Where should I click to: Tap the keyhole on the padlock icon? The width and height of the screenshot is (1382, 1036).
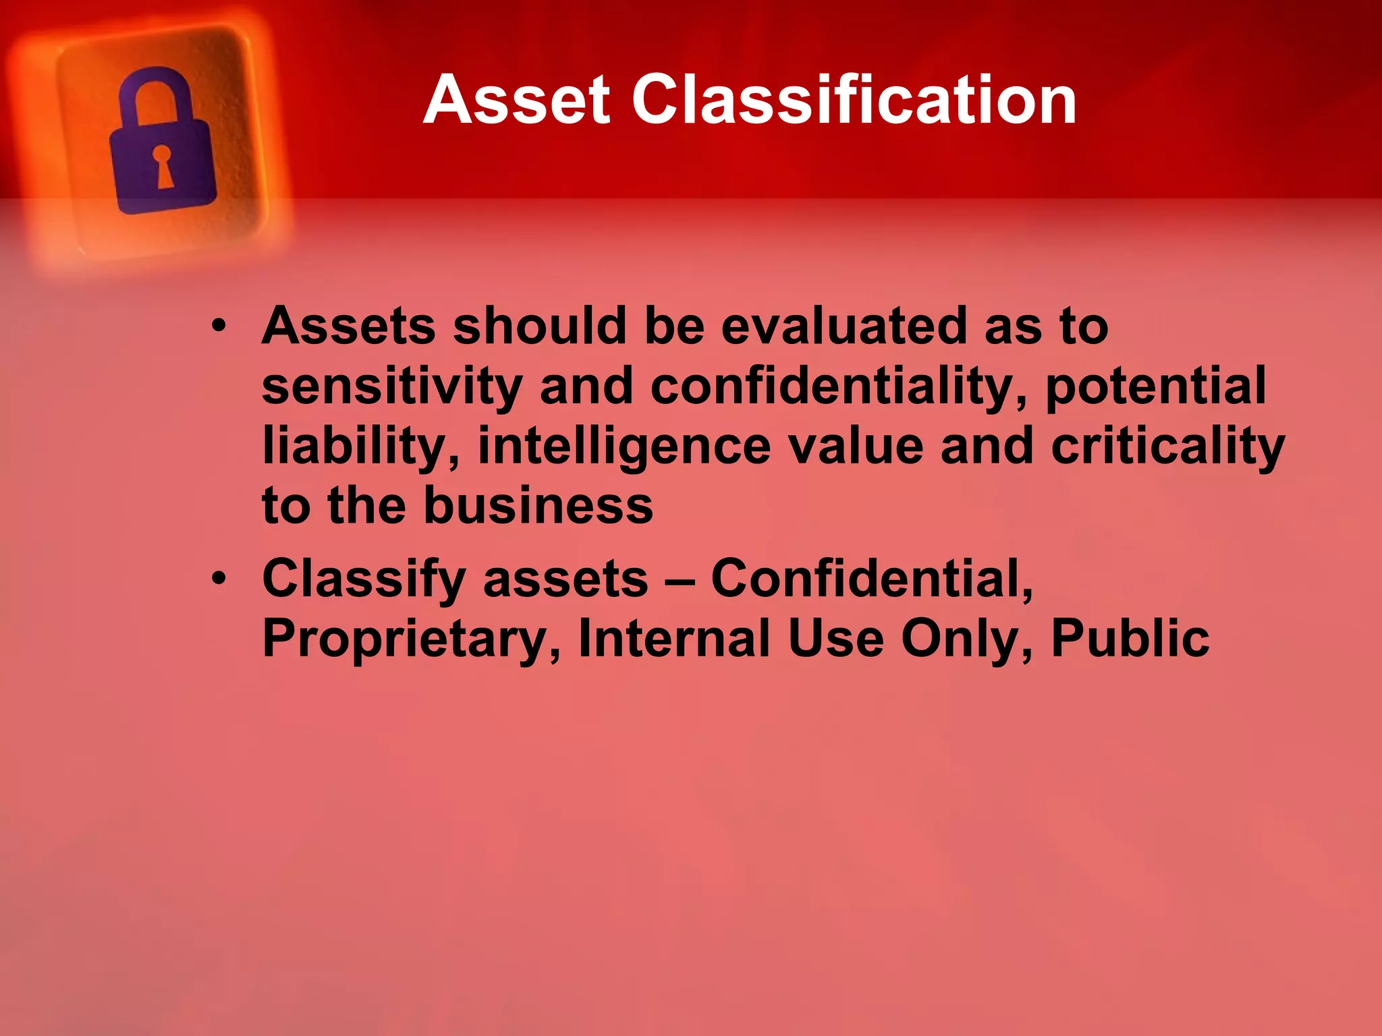coord(163,165)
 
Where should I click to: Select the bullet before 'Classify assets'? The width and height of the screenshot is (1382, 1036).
coord(219,579)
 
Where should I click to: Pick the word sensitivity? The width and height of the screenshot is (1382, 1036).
coord(392,387)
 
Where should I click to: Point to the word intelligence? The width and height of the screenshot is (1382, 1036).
coord(624,447)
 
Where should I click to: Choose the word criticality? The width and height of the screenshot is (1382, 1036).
coord(1167,447)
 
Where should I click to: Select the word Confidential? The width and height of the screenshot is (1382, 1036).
coord(871,579)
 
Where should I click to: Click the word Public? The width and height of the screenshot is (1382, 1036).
coord(1130,638)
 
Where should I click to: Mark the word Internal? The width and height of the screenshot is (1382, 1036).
coord(674,638)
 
